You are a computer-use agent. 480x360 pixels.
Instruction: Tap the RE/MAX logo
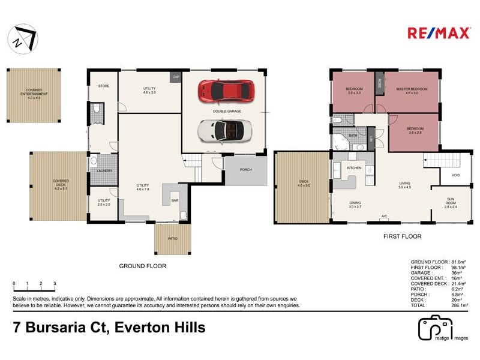pos(438,33)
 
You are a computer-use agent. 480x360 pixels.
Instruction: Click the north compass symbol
pos(22,39)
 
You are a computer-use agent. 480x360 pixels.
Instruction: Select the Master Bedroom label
pos(412,89)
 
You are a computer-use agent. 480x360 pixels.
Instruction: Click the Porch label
pos(245,170)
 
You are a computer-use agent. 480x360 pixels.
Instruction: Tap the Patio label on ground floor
pos(173,239)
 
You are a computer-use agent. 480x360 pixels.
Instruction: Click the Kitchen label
pos(354,168)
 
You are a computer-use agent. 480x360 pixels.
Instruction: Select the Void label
pos(455,175)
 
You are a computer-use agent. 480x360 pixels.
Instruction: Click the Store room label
pos(104,86)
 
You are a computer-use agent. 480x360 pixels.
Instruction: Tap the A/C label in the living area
pos(383,215)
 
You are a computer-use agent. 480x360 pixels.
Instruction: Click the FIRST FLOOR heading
pos(402,237)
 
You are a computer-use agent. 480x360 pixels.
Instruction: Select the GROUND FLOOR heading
pos(143,266)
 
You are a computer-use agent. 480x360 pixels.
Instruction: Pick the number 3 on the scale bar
pos(55,283)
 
